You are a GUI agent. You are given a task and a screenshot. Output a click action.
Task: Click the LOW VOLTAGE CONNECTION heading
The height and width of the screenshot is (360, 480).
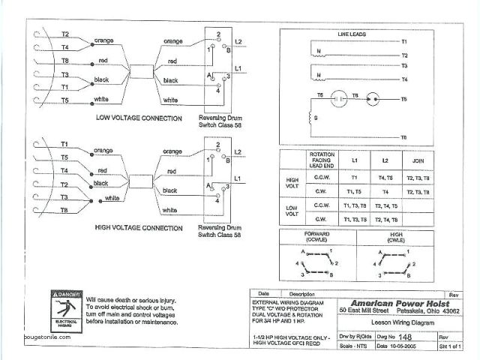click(139, 118)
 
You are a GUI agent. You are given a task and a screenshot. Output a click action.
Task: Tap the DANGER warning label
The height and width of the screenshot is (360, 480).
click(65, 293)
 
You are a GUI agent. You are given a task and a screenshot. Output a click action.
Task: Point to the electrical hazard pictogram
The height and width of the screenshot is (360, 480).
click(65, 310)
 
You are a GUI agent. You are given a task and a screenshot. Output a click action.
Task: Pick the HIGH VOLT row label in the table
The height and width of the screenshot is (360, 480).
click(292, 184)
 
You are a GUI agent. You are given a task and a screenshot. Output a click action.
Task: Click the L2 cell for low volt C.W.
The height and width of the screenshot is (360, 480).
click(385, 219)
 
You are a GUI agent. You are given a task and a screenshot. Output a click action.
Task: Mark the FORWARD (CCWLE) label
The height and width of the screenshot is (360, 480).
click(316, 238)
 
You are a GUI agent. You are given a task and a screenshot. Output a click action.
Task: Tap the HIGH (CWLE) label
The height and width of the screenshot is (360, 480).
click(397, 238)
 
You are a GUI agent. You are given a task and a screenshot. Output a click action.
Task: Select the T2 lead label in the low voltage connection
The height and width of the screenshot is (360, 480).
click(65, 34)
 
